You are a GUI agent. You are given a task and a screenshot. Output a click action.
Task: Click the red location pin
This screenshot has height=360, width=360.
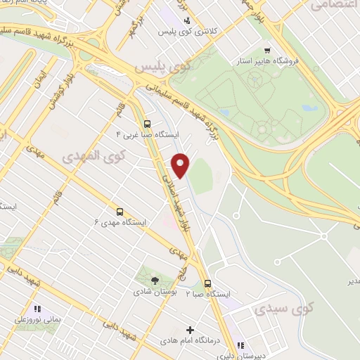coord(181,165)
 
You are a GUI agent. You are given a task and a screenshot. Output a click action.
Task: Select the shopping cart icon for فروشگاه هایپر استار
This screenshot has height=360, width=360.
coord(267,50)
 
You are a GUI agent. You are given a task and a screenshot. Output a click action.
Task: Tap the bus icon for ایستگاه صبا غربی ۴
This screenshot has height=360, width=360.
coord(146,120)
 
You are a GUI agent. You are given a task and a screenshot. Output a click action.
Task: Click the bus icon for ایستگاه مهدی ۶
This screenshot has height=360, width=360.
coord(119,211)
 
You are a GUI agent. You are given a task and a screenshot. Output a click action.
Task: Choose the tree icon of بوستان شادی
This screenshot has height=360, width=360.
coord(155,280)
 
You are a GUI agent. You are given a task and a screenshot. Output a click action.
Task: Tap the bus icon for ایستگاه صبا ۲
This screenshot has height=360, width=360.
coord(207,283)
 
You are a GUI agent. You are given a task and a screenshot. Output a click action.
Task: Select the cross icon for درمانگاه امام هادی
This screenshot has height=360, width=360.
coord(189,330)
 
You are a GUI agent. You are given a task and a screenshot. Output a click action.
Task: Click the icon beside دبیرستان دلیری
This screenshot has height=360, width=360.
coord(241,345)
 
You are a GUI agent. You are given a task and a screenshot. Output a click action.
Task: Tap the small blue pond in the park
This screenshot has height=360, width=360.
coord(309,108)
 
